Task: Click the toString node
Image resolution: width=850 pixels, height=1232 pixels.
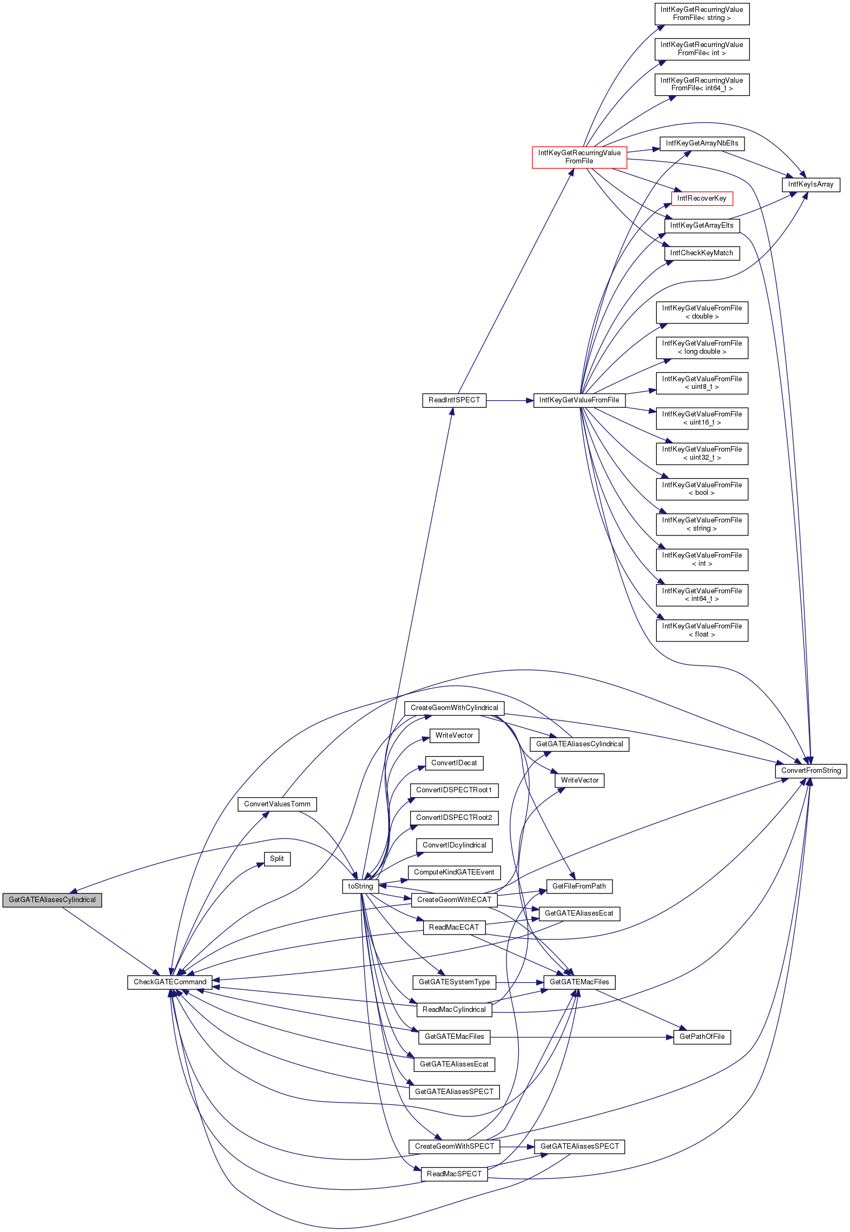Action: pyautogui.click(x=360, y=886)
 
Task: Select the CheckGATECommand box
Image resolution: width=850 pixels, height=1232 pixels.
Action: pyautogui.click(x=170, y=982)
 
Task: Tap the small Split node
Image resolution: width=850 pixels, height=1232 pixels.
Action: pyautogui.click(x=277, y=858)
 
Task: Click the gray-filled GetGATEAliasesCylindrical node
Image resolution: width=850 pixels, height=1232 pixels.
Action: pyautogui.click(x=52, y=899)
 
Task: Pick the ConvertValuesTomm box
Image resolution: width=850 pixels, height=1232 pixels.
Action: pyautogui.click(x=277, y=804)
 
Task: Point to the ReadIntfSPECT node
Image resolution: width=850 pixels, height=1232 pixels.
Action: pyautogui.click(x=454, y=400)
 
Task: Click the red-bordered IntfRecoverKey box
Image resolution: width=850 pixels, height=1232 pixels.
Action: pyautogui.click(x=702, y=198)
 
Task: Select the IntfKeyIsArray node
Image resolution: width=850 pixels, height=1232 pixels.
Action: pyautogui.click(x=811, y=184)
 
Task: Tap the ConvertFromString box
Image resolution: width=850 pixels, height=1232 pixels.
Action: pyautogui.click(x=811, y=771)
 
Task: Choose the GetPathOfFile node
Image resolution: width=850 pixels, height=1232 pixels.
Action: pyautogui.click(x=702, y=1036)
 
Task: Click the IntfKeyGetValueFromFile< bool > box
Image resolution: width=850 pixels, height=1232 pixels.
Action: pyautogui.click(x=702, y=489)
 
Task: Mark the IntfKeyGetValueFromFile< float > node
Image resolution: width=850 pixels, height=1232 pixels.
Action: pyautogui.click(x=702, y=630)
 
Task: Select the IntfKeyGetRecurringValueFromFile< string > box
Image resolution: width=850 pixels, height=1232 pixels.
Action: pyautogui.click(x=702, y=14)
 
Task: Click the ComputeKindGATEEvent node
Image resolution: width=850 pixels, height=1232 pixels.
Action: pyautogui.click(x=454, y=872)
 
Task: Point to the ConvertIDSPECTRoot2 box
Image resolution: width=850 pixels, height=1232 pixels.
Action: pyautogui.click(x=454, y=817)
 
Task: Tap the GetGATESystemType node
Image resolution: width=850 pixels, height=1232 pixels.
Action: pyautogui.click(x=454, y=982)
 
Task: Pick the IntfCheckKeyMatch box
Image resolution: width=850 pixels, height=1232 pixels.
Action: pyautogui.click(x=702, y=253)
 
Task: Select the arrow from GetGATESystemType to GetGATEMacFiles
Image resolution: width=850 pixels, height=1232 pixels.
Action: pyautogui.click(x=519, y=982)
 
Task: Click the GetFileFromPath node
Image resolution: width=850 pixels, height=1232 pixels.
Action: pyautogui.click(x=579, y=886)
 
